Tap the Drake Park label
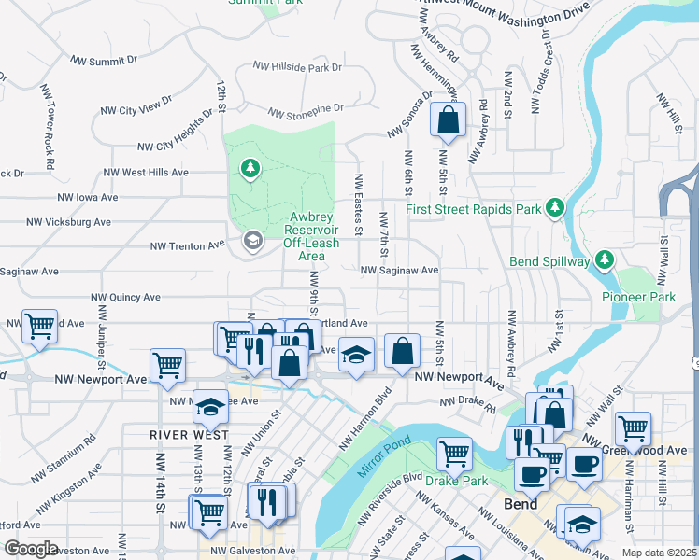click(x=456, y=481)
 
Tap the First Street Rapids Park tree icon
click(x=554, y=206)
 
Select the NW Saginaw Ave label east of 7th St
click(x=400, y=271)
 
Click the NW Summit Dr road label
click(x=104, y=61)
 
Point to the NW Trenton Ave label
click(x=189, y=245)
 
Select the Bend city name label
click(x=521, y=504)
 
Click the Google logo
click(x=30, y=549)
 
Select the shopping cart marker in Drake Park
click(x=454, y=454)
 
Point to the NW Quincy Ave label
click(x=125, y=298)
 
